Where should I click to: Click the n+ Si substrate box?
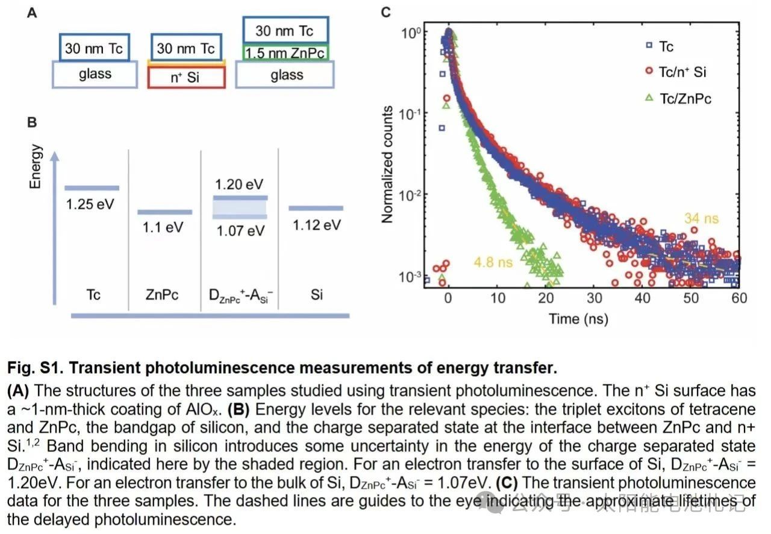187,77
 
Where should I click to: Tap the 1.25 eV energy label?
90,204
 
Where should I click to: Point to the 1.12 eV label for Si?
317,225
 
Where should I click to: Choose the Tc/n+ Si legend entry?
682,72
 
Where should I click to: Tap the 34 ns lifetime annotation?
702,219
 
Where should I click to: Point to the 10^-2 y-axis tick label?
413,195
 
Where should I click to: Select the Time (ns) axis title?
578,318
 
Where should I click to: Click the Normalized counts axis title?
387,165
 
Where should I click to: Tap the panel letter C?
386,11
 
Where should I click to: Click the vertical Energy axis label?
36,166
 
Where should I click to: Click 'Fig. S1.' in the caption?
30,367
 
